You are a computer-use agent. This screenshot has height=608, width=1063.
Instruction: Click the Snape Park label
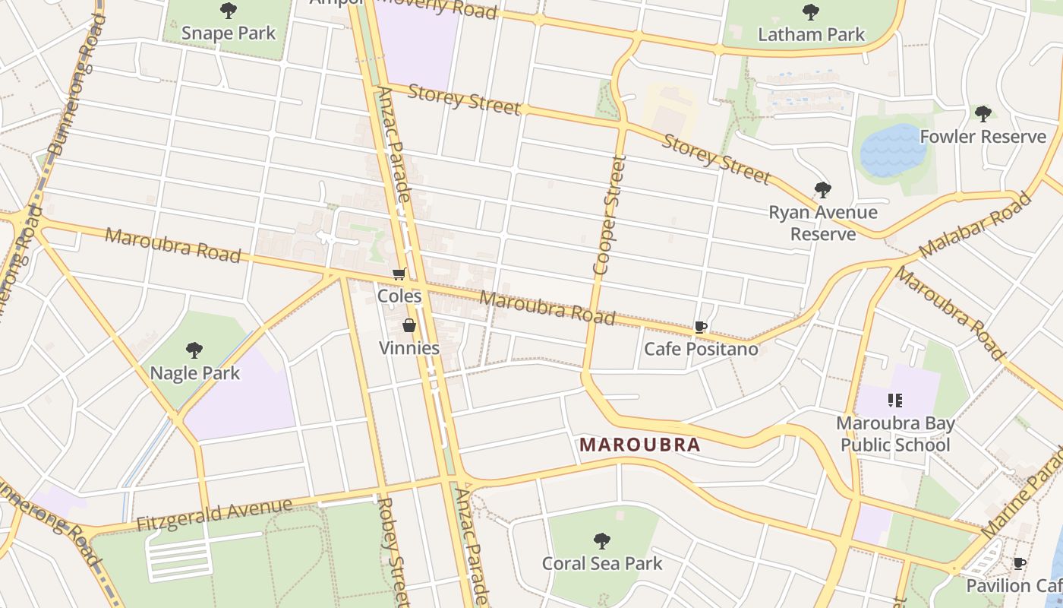(229, 33)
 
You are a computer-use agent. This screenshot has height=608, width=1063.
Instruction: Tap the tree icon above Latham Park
(811, 12)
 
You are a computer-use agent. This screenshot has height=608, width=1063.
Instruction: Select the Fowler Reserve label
(983, 137)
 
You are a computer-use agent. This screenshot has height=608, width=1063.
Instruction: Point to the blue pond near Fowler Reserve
(893, 150)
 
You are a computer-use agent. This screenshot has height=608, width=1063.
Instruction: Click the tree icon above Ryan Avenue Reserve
(822, 190)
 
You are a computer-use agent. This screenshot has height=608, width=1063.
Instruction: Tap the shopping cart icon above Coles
(399, 274)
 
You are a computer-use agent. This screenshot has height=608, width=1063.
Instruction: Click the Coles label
(399, 296)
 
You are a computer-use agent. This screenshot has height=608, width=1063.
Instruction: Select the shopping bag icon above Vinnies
(409, 326)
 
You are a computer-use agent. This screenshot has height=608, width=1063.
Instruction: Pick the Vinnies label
(409, 348)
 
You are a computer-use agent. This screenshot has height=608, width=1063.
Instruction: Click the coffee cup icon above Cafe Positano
(701, 328)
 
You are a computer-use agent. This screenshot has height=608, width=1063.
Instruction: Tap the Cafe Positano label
(701, 349)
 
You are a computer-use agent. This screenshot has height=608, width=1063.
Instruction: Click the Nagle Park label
(195, 373)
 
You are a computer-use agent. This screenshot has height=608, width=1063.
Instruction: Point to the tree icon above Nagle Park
(194, 350)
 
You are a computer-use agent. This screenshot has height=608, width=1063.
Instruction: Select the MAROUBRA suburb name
(639, 445)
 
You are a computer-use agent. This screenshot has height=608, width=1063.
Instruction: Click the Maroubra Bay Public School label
(895, 434)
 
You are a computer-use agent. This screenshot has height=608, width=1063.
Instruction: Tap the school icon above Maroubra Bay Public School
(894, 401)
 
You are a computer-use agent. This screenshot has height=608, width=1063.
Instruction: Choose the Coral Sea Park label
(602, 563)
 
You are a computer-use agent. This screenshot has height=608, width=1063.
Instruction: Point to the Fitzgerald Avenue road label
(214, 515)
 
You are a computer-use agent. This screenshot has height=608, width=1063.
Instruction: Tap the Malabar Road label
(976, 225)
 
